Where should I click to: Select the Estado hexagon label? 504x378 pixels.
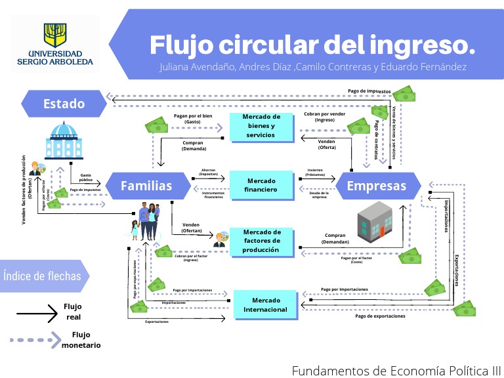[64, 103]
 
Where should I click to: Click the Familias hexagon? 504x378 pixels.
[146, 186]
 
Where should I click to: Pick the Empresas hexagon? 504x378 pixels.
[376, 186]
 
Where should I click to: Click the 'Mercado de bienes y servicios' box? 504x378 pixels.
[261, 126]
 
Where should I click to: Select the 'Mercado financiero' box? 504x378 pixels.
[261, 185]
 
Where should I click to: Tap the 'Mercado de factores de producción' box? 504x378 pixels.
[261, 241]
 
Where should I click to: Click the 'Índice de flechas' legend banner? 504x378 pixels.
[43, 275]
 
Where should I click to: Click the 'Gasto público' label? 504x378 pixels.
[86, 178]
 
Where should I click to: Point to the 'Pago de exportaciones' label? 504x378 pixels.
[380, 316]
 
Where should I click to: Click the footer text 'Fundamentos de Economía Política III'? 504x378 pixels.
[396, 370]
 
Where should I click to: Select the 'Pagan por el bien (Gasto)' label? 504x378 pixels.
[193, 119]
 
